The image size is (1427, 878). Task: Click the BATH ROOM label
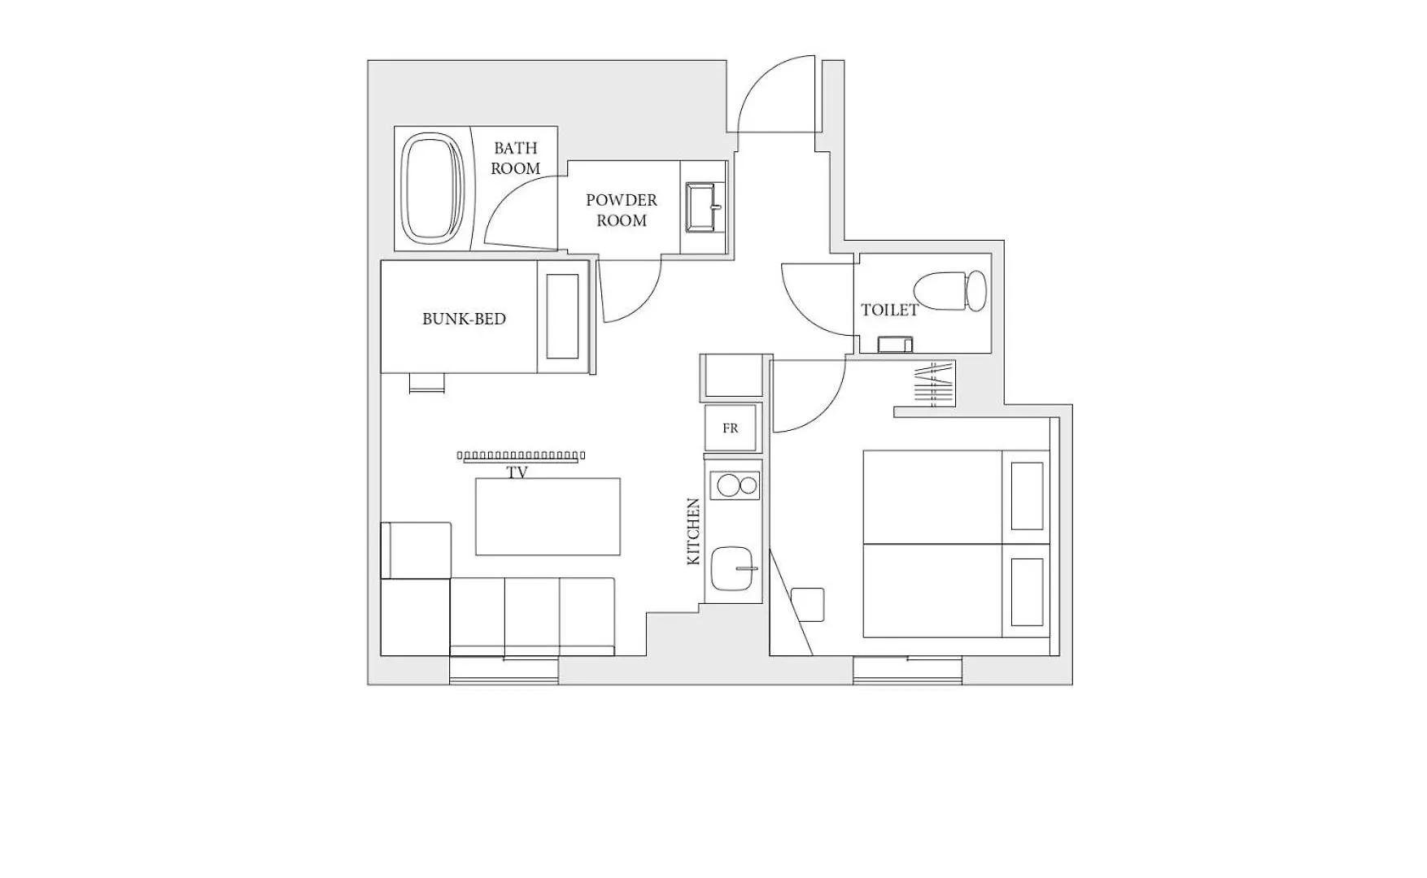[515, 159]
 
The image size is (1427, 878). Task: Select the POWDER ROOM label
[622, 210]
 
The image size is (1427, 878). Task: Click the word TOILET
[889, 310]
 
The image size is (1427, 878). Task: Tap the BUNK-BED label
[464, 319]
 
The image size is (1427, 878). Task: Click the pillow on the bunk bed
[562, 316]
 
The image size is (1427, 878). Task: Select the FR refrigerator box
[731, 428]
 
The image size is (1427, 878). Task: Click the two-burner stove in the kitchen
[735, 486]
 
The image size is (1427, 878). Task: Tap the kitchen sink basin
[733, 568]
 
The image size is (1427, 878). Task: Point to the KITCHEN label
[693, 532]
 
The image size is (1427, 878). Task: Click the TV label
[517, 472]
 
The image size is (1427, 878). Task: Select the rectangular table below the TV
[548, 516]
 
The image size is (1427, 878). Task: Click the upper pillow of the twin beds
[1028, 496]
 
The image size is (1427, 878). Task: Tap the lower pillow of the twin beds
[1028, 592]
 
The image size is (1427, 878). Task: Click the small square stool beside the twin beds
[807, 604]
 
